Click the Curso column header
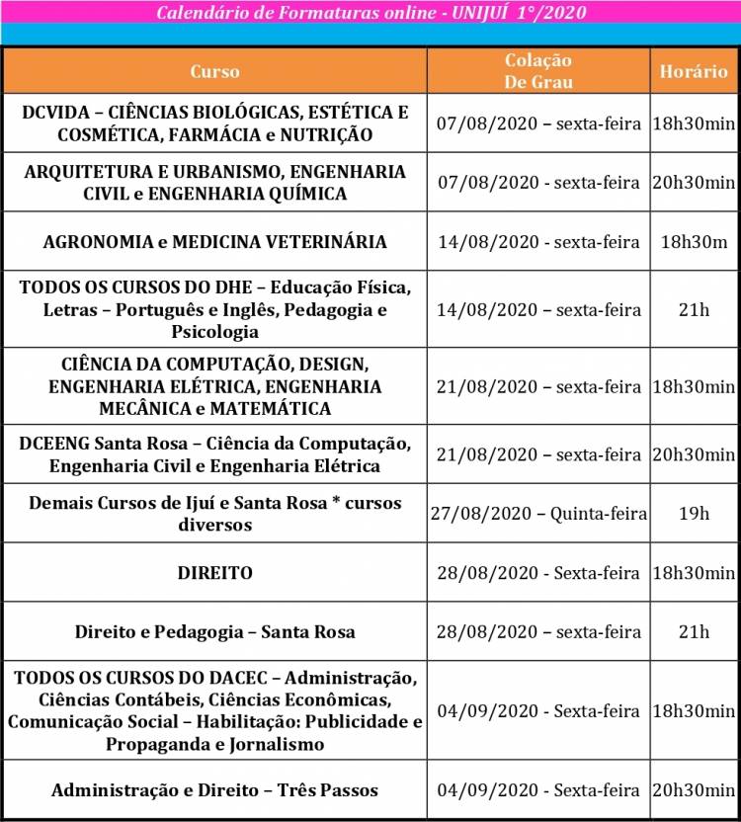(x=214, y=72)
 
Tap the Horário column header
(x=694, y=72)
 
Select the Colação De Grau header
(x=538, y=72)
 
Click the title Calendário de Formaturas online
(x=370, y=13)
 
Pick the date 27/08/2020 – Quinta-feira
(x=538, y=514)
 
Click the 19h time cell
(x=694, y=514)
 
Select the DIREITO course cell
(x=214, y=573)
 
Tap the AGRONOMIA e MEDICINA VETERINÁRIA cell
(x=214, y=241)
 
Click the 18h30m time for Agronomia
(x=694, y=241)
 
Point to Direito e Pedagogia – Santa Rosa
(x=214, y=631)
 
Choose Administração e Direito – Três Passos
(x=214, y=790)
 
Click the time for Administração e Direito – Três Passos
(x=694, y=790)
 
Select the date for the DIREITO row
(x=538, y=573)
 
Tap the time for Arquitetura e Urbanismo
(x=694, y=183)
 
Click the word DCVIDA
(x=58, y=112)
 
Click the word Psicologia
(x=214, y=332)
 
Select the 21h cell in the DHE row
(x=694, y=310)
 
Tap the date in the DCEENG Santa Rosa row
(x=538, y=454)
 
